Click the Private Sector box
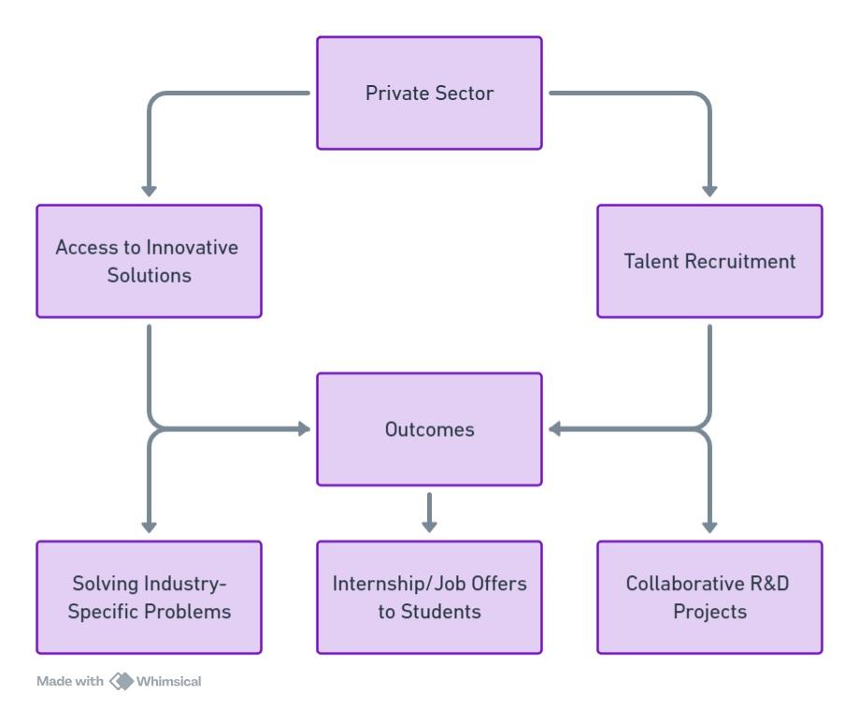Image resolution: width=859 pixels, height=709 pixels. click(429, 94)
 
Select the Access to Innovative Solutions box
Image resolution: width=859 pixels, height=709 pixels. click(149, 261)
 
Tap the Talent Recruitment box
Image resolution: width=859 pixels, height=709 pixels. click(709, 261)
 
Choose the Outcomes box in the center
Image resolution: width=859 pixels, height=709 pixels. click(429, 429)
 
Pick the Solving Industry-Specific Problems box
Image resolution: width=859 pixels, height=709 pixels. click(149, 597)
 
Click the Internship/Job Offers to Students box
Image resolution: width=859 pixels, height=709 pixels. click(429, 597)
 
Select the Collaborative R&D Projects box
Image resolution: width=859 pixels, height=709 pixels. click(709, 597)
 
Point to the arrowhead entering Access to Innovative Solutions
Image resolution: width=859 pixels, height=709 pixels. click(149, 190)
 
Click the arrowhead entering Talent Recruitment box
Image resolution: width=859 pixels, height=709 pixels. click(709, 190)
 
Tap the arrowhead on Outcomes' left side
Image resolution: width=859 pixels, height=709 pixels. click(304, 429)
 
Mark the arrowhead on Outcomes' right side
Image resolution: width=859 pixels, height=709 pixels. click(555, 429)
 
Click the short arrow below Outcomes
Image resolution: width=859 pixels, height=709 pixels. click(429, 513)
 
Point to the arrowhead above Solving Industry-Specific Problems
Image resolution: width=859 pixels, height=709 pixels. click(149, 526)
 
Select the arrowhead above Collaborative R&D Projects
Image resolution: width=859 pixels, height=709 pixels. click(709, 526)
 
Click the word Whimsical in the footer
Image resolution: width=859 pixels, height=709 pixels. click(169, 680)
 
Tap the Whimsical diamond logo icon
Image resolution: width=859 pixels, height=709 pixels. click(122, 680)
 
